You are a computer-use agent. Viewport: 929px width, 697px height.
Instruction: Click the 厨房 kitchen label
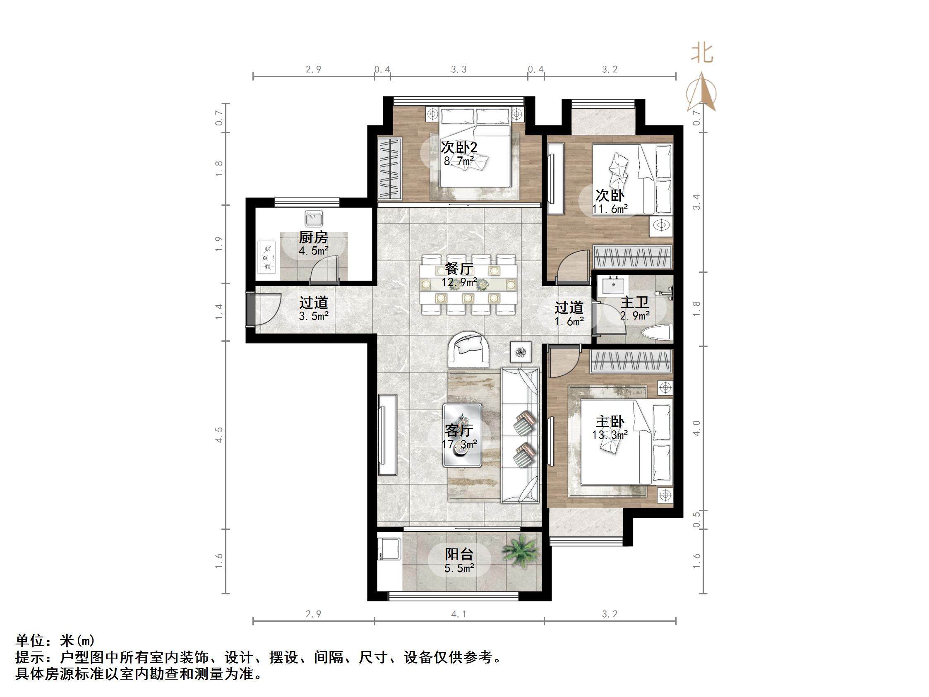pos(313,238)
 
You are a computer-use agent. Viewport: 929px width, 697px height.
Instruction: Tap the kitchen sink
pos(313,219)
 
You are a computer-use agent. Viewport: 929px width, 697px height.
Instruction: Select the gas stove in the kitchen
pos(266,257)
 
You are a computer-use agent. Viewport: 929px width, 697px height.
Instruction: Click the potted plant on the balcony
pos(520,551)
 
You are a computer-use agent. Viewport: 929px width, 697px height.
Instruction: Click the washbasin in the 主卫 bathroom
pos(614,286)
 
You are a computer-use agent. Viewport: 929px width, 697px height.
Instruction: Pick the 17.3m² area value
pos(459,444)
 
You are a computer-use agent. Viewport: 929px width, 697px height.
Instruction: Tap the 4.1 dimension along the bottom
pos(458,614)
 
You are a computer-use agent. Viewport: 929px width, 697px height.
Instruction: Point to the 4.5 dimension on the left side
pos(218,435)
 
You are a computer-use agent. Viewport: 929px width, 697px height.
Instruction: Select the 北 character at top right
pos(702,53)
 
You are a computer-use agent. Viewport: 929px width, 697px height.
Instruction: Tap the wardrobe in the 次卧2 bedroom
pos(389,169)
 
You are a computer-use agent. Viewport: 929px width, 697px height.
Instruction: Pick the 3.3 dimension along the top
pos(458,69)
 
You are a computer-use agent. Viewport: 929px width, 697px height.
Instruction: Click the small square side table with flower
pos(521,352)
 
